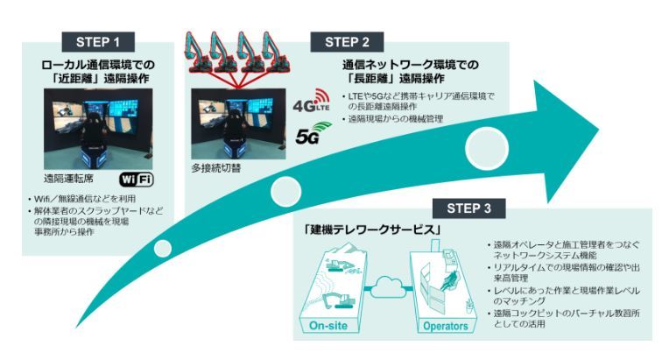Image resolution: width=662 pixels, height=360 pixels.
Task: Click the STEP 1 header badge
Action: pos(99,42)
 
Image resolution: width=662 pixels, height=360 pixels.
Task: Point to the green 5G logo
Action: pos(309,133)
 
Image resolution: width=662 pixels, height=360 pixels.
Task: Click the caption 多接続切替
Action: pos(219,167)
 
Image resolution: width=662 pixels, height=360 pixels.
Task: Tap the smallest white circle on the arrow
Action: pos(162,248)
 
